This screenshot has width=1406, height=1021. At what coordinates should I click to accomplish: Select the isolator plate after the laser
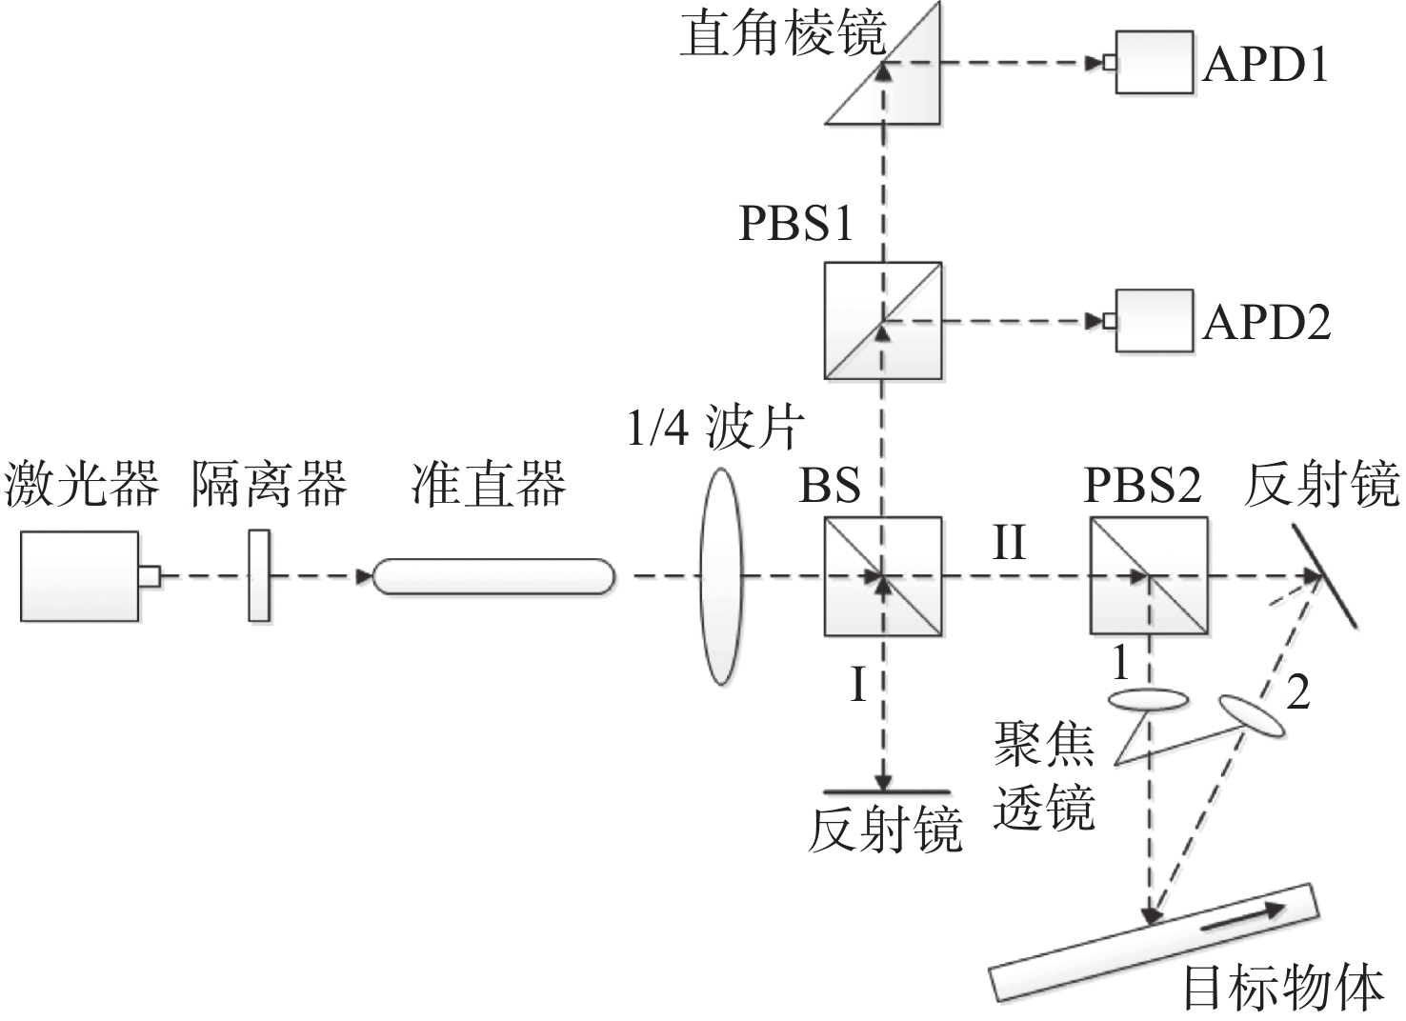pos(258,575)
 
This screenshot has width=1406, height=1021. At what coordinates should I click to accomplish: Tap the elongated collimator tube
pos(492,576)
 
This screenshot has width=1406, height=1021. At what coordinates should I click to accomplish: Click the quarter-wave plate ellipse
pos(720,575)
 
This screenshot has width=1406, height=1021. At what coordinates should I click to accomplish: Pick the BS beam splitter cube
pos(883,576)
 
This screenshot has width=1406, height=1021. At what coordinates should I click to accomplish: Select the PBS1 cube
pos(883,321)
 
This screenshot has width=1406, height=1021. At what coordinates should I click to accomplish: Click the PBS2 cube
pos(1149,576)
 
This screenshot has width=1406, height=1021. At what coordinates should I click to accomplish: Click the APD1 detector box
pos(1154,63)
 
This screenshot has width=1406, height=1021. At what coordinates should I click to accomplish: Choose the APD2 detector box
pos(1154,321)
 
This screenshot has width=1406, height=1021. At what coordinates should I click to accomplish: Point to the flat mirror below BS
pos(886,791)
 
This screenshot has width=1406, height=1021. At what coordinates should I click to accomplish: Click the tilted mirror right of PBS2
pos(1323,576)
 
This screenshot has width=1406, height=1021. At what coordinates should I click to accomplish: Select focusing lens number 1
pos(1149,700)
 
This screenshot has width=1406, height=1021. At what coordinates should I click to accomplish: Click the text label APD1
pos(1265,65)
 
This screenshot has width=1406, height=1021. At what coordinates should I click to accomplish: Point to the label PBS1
pos(795,225)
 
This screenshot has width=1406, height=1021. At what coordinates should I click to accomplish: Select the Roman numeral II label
pos(1010,544)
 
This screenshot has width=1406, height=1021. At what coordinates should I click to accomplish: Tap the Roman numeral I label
pos(858,685)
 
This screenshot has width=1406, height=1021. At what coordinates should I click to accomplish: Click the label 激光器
pos(81,485)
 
